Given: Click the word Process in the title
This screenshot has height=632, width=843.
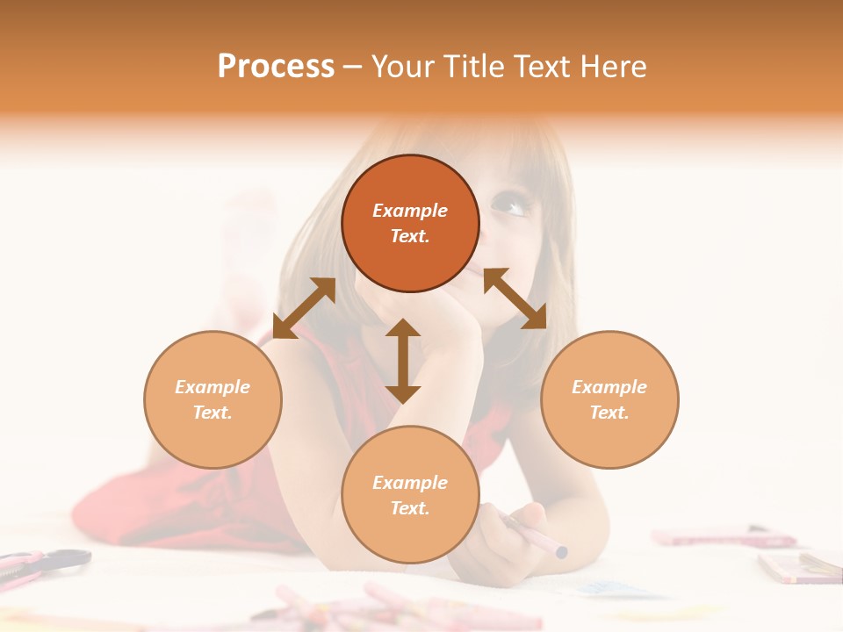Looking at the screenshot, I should (x=276, y=67).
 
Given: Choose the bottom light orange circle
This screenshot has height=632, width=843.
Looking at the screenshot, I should (x=410, y=531).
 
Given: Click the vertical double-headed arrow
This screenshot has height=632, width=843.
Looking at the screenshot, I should (x=403, y=361).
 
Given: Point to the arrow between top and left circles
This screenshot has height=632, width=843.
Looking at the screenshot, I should (x=304, y=308).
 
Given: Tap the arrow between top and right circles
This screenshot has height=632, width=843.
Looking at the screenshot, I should (x=515, y=298).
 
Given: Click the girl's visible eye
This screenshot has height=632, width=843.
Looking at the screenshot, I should (x=512, y=206).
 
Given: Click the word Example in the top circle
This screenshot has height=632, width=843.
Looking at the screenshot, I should (x=410, y=211).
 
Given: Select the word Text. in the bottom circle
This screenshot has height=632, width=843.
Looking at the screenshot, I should (x=410, y=508).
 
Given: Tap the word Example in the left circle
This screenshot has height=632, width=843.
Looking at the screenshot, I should (x=213, y=387).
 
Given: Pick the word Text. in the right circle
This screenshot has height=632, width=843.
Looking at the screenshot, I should (x=609, y=413).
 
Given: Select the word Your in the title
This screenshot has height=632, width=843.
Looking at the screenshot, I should (x=401, y=67).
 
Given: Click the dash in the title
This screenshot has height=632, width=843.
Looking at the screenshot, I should (x=352, y=67).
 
